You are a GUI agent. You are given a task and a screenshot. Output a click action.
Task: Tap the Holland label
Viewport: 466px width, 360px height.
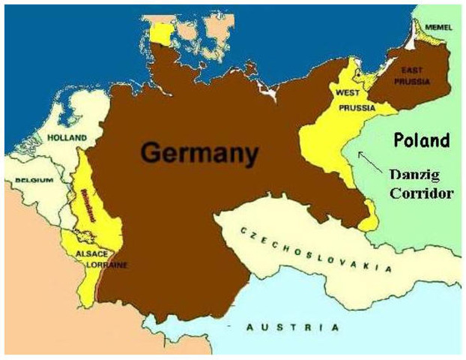point(67,137)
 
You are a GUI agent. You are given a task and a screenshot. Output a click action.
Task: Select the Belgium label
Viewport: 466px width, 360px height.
point(34,180)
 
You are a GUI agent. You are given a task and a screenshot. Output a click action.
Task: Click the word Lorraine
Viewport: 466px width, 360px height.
point(106,265)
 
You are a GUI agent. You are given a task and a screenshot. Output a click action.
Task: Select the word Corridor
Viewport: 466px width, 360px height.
point(423,193)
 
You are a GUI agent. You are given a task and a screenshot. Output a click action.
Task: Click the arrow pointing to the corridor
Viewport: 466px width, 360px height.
point(367,159)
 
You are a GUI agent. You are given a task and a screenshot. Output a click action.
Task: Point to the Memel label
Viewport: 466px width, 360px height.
point(438,27)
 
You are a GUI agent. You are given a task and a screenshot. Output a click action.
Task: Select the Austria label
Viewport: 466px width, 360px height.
point(292,327)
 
